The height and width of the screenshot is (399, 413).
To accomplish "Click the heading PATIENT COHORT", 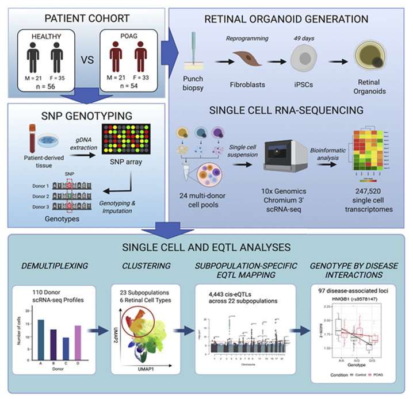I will (x=83, y=18).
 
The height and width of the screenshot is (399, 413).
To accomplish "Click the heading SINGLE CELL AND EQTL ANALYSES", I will (x=206, y=248).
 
